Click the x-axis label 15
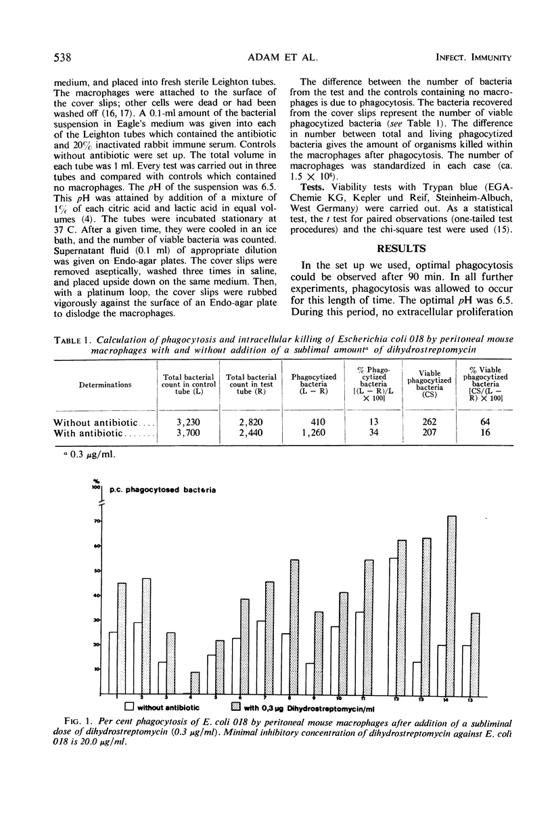(x=471, y=698)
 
